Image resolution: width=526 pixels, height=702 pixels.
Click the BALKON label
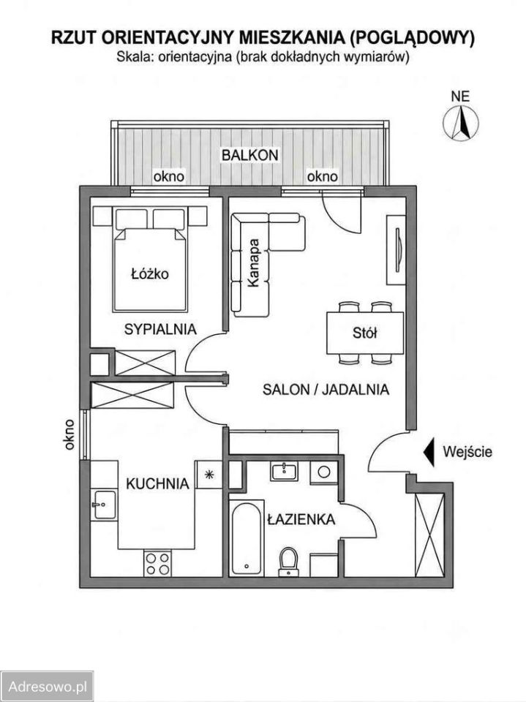[x=250, y=155]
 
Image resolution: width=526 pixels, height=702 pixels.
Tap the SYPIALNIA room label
[x=160, y=329]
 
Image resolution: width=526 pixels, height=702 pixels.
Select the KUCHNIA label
[x=157, y=483]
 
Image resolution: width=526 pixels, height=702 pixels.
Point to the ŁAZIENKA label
[x=301, y=519]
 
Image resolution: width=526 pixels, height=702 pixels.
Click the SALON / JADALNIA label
[x=326, y=390]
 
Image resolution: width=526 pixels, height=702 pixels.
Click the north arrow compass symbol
[x=461, y=122]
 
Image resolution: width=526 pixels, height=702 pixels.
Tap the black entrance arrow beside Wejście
[x=429, y=452]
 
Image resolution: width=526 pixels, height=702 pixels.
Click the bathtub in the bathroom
[x=247, y=539]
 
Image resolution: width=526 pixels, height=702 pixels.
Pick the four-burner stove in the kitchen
[x=158, y=564]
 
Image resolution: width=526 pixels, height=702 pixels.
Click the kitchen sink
[x=105, y=505]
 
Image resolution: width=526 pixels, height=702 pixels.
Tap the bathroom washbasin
[x=283, y=472]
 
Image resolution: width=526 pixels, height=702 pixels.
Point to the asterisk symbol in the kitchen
[x=208, y=475]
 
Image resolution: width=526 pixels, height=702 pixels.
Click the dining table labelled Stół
[x=365, y=333]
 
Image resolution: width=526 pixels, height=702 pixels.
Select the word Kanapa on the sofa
[x=254, y=263]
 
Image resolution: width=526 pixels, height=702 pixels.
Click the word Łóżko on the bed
[x=150, y=273]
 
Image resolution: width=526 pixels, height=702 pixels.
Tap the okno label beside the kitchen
[x=69, y=434]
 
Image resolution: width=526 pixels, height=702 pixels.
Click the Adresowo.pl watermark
[x=47, y=687]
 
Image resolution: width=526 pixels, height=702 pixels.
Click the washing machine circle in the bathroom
[x=324, y=472]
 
